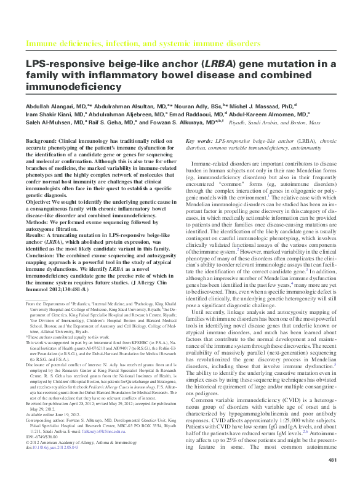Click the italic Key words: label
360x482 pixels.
pyautogui.click(x=198, y=141)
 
